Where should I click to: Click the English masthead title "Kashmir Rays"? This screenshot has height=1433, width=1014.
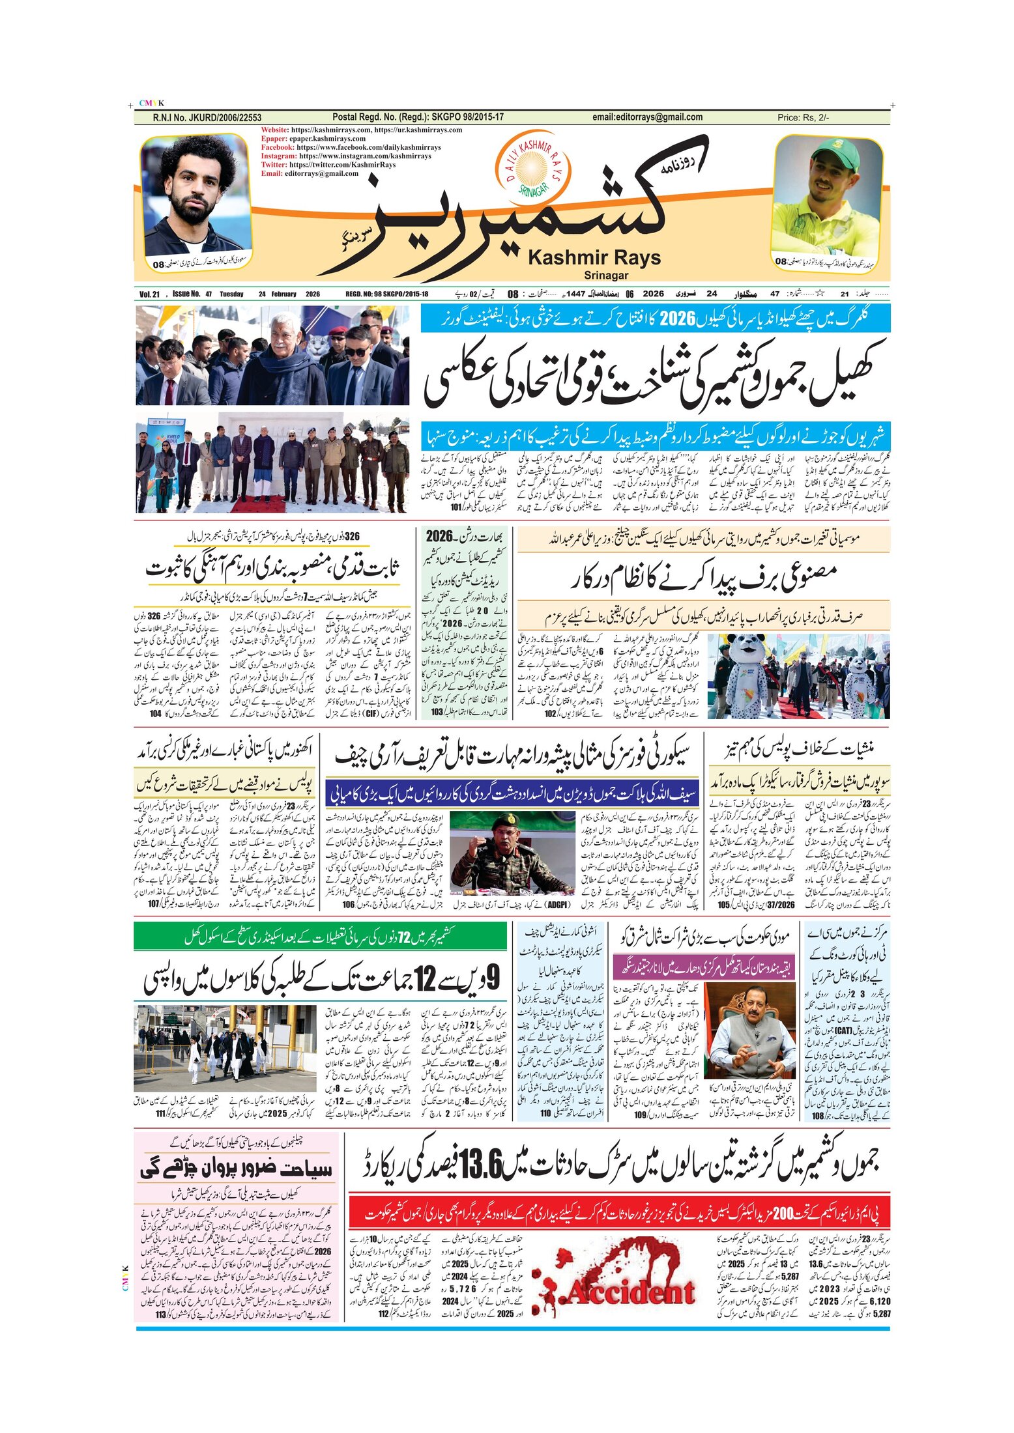594,258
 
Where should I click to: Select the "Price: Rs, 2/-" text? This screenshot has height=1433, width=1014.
803,118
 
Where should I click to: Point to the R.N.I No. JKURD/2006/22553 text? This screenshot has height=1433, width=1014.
207,118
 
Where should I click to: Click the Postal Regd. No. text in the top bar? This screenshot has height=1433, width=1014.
418,117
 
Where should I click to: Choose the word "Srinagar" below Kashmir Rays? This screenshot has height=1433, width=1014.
606,276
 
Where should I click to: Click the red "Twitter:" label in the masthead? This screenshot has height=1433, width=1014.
274,165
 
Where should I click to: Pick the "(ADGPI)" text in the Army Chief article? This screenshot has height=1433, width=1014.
558,904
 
